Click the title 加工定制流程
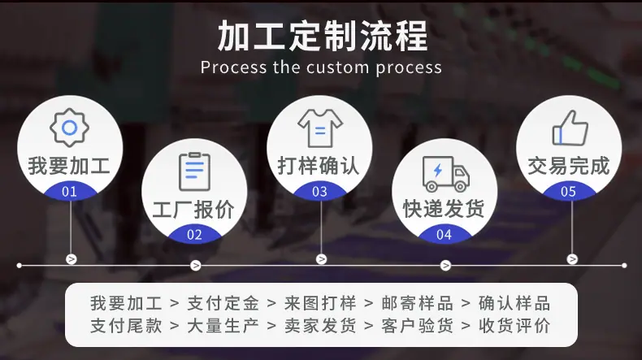(323, 36)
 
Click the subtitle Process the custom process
(321, 67)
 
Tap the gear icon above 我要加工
(69, 128)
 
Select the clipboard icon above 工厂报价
(194, 172)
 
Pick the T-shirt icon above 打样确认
(320, 128)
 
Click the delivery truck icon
(445, 173)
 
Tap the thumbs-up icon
(570, 128)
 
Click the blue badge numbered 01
(70, 192)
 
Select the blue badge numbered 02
(194, 235)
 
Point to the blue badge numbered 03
(319, 192)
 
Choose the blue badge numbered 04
(445, 235)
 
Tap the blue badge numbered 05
(568, 192)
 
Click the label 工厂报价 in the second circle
(193, 210)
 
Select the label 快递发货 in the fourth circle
(444, 209)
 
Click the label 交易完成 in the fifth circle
(569, 166)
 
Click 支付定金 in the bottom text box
(223, 303)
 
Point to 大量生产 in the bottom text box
(223, 326)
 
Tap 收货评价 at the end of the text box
(514, 326)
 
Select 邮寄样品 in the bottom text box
(417, 303)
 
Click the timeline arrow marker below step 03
(322, 259)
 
